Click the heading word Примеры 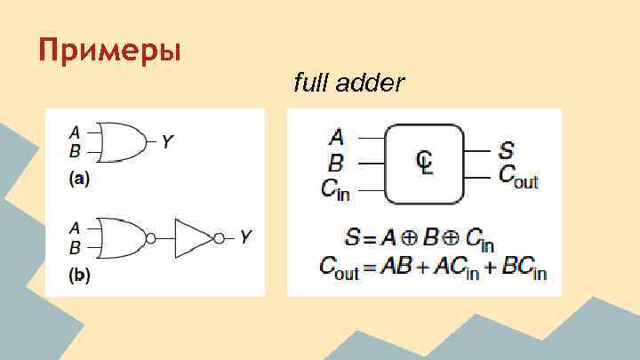(x=109, y=50)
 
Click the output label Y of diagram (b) (x=246, y=237)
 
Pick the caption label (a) (x=79, y=179)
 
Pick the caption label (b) (x=79, y=276)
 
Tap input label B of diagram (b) (x=76, y=247)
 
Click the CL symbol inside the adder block (x=425, y=163)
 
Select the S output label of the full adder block (x=507, y=149)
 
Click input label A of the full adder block (x=336, y=137)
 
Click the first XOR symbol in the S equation (x=403, y=239)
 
